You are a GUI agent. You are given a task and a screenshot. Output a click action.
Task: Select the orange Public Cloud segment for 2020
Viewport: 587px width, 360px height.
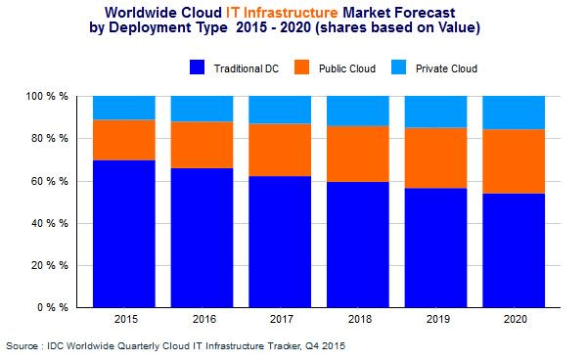coord(514,161)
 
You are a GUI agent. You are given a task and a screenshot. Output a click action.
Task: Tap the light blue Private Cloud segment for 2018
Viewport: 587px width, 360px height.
coord(357,111)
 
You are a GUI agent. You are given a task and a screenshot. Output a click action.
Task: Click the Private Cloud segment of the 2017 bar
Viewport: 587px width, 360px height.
coord(280,110)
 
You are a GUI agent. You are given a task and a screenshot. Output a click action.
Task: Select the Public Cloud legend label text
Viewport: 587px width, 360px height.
coord(348,68)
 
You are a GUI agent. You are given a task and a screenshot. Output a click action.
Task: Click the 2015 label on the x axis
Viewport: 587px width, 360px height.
coord(123,320)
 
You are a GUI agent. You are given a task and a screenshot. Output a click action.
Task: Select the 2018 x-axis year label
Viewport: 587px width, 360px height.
coord(357,320)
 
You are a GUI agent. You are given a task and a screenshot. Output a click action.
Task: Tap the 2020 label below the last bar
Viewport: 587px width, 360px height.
coord(514,320)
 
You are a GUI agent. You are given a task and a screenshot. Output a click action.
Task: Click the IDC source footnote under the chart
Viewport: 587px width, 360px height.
coord(175,345)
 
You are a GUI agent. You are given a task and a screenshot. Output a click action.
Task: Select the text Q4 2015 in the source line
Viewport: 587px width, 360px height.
coord(324,345)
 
